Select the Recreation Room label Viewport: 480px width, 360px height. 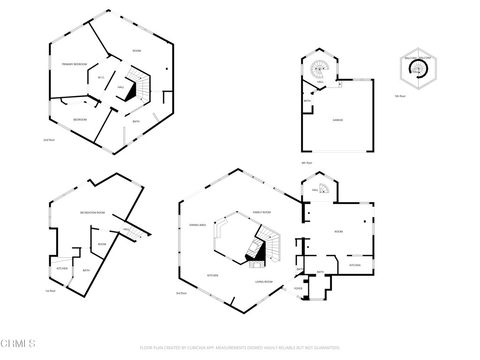95,214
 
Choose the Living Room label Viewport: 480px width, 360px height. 266,282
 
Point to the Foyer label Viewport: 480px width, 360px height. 298,288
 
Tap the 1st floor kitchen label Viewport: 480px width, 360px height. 61,268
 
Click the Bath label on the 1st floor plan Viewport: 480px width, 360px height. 87,269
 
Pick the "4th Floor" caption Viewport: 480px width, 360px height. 307,163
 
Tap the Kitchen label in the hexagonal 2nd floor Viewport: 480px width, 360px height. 212,274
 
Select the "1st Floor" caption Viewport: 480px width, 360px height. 50,291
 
